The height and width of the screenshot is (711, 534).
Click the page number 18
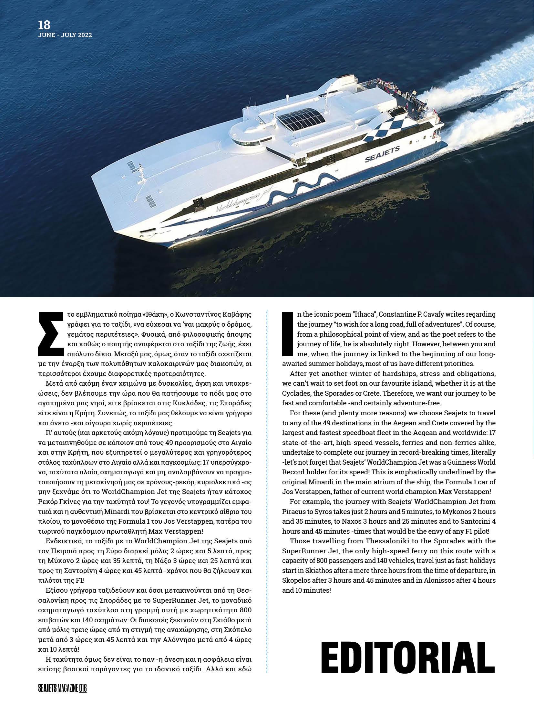click(44, 25)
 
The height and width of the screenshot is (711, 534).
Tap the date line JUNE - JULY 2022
click(65, 35)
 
